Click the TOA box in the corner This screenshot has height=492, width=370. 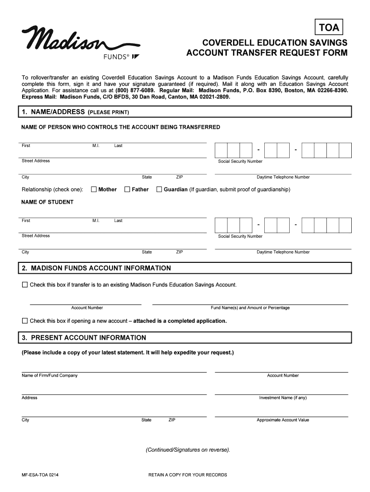(329, 28)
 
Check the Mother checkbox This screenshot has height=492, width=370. (94, 189)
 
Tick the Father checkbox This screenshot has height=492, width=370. (127, 189)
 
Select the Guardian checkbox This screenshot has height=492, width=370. (160, 189)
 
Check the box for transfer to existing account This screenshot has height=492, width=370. (25, 285)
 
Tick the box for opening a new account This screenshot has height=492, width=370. (25, 320)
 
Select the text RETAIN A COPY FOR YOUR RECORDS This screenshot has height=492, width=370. (187, 475)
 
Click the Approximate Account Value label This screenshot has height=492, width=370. (283, 420)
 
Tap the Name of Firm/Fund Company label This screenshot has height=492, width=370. (49, 375)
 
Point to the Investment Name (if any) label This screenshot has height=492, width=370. (283, 398)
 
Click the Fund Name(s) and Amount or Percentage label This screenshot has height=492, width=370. (250, 307)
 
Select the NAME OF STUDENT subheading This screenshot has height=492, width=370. (47, 202)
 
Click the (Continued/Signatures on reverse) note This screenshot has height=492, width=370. (188, 450)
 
